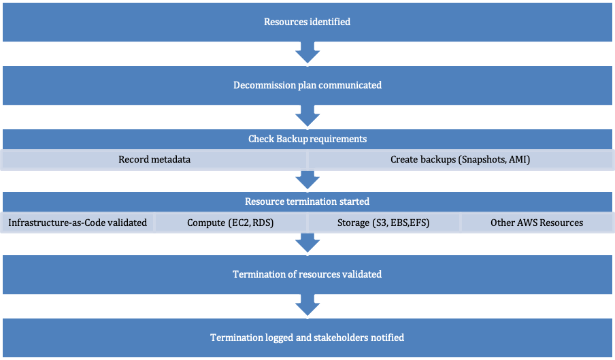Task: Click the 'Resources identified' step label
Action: pos(307,22)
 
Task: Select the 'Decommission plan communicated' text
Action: pos(307,85)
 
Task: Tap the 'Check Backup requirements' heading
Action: pos(307,139)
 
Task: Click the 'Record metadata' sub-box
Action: pos(154,160)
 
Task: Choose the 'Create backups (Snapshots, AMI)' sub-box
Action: pos(460,160)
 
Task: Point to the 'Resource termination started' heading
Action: pos(307,201)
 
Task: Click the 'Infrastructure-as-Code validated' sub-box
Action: pos(78,223)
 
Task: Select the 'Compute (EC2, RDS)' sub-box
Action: pos(231,223)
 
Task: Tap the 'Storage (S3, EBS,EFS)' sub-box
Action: pos(384,223)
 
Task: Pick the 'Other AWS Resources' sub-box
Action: pos(537,223)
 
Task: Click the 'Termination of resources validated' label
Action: pos(307,274)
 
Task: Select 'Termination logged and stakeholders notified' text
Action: pos(307,338)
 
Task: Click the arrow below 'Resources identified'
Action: pos(307,54)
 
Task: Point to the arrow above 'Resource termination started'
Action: pos(307,180)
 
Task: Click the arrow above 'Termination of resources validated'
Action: pos(307,243)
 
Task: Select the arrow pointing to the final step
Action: pos(307,306)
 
